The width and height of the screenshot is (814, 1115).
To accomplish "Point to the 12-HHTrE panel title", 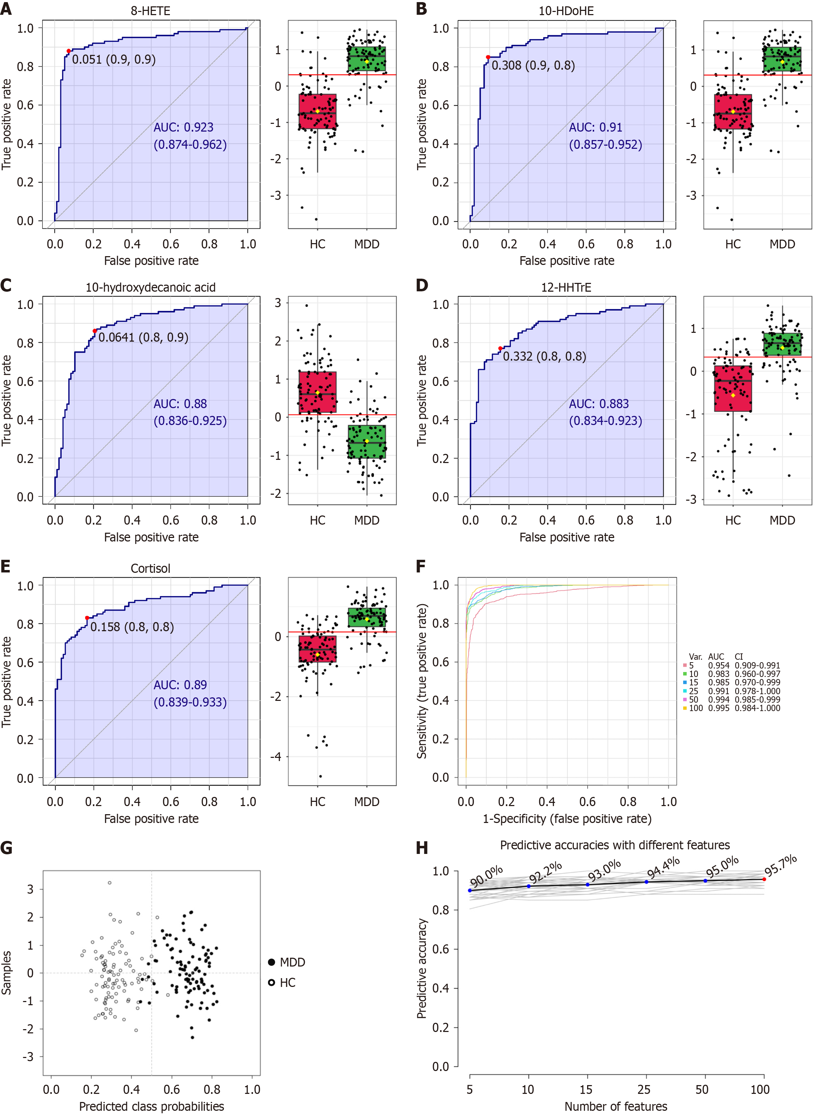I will pyautogui.click(x=566, y=287).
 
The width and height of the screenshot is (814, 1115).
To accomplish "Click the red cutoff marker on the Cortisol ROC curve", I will pyautogui.click(x=87, y=618).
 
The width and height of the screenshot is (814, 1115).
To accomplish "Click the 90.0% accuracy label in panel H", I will pyautogui.click(x=486, y=877).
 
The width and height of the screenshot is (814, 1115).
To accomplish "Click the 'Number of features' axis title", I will pyautogui.click(x=616, y=1106).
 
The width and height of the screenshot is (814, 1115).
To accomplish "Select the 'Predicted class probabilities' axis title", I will pyautogui.click(x=151, y=1106).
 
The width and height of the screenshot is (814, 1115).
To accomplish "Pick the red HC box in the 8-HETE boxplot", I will pyautogui.click(x=317, y=111).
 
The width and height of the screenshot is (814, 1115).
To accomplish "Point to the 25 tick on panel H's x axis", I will pyautogui.click(x=644, y=1089).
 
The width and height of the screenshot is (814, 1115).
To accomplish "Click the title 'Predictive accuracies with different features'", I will pyautogui.click(x=615, y=845).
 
